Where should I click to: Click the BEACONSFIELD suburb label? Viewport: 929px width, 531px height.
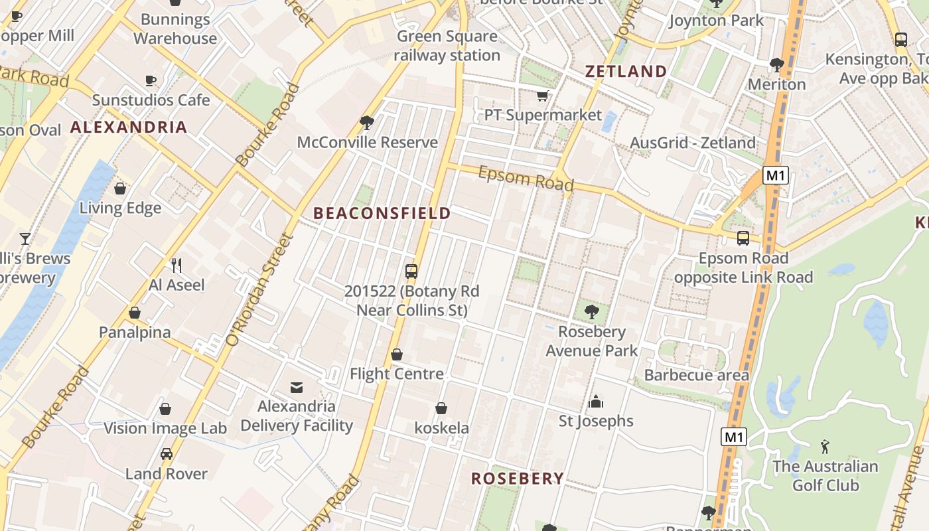coord(382,213)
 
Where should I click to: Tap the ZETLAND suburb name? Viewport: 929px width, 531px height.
coord(626,72)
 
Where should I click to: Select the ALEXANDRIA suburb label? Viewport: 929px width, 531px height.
coord(129,127)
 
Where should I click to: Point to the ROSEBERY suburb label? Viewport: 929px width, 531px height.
coord(518,479)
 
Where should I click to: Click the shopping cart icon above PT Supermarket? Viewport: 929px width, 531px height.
coord(542,96)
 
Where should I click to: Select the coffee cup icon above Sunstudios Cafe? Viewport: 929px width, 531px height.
coord(151,81)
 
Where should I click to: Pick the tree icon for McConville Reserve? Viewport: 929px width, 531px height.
coord(366,123)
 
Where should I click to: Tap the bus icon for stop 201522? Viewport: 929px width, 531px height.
coord(411,271)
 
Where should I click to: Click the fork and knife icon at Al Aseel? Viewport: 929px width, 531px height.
coord(177,265)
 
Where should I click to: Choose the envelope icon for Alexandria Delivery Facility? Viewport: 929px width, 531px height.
coord(297,387)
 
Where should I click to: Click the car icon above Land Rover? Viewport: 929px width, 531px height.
coord(167,455)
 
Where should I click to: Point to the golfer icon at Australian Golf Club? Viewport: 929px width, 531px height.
coord(825,447)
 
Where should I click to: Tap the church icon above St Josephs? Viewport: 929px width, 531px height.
coord(596,402)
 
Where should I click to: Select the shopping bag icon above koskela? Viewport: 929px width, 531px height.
coord(441,408)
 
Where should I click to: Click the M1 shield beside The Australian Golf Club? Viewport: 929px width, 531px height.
coord(733,437)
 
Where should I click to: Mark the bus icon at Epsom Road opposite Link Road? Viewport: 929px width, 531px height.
coord(743,238)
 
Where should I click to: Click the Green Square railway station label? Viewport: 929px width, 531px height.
coord(447,46)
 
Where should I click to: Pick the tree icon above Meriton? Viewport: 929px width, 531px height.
coord(776,65)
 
